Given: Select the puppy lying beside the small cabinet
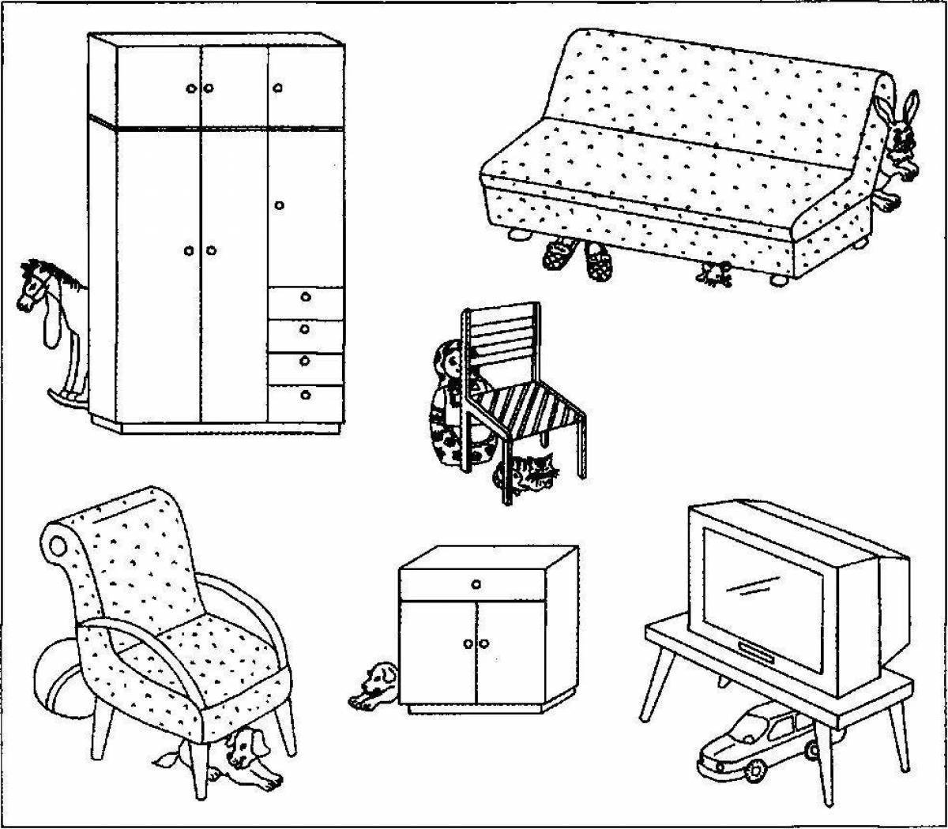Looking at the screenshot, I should (x=373, y=684).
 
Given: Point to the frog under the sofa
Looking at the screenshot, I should (x=716, y=273).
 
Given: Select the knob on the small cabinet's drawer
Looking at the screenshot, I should (x=476, y=583).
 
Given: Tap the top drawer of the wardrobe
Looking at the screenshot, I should (x=306, y=298).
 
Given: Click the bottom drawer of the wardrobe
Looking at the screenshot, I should (x=306, y=395).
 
